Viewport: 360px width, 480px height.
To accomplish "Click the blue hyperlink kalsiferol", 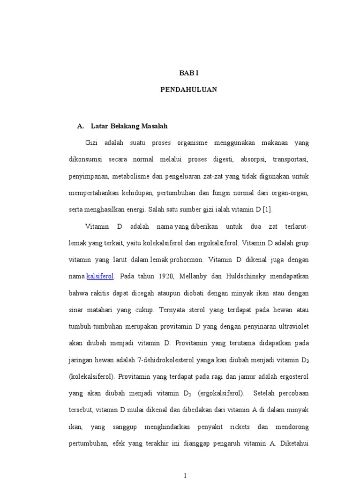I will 100,276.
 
